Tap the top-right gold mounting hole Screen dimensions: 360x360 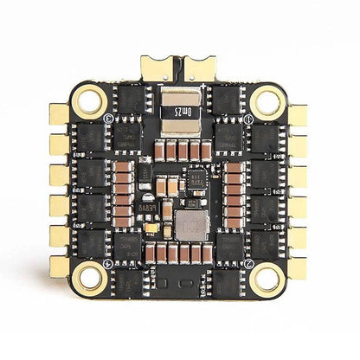(268, 102)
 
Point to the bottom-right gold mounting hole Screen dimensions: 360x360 (268, 279)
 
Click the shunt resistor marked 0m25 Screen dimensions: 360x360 (180, 111)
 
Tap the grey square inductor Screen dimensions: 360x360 (191, 225)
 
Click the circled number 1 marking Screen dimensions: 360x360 (248, 119)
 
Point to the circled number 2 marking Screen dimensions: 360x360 (248, 262)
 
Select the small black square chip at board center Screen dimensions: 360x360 (196, 180)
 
